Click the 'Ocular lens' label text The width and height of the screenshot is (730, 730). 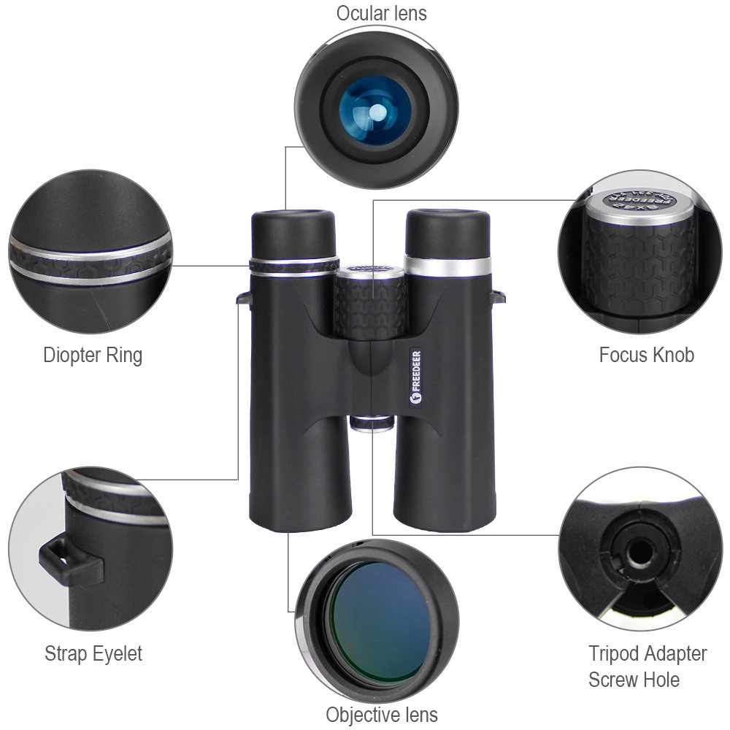[381, 13]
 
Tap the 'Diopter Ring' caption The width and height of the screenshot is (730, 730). [93, 356]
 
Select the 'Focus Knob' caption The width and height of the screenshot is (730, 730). [646, 356]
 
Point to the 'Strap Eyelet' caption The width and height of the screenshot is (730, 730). [93, 653]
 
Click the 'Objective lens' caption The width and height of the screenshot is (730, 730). [382, 714]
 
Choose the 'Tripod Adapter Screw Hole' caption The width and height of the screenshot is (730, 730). [648, 666]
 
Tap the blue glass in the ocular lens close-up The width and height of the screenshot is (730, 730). [377, 113]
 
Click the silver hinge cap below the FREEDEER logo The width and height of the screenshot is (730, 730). [372, 423]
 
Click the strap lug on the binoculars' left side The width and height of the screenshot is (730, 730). [244, 297]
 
